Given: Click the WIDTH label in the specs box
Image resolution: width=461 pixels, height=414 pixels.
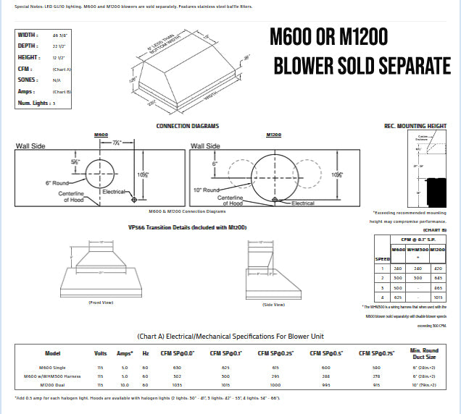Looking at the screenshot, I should (x=28, y=34).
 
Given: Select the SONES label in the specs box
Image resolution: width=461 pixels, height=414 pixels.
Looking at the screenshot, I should (x=28, y=80).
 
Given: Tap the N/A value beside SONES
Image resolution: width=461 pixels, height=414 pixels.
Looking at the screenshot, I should (x=57, y=80).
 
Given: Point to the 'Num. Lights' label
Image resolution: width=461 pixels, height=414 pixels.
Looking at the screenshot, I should (x=33, y=103).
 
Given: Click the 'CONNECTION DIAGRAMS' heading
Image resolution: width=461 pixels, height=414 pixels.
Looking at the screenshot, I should (x=188, y=126).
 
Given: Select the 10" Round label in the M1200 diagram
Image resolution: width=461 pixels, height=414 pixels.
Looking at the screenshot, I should (x=207, y=190).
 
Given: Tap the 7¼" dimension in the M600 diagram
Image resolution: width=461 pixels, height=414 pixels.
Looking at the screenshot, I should (x=118, y=143).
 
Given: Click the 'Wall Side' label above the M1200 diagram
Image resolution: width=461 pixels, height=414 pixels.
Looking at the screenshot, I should (x=205, y=145).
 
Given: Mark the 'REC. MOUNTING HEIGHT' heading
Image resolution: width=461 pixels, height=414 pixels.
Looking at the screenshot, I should (x=415, y=126).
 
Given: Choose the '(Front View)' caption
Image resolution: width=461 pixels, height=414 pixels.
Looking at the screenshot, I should (x=101, y=302).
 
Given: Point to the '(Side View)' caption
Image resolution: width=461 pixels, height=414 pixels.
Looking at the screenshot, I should (x=274, y=305).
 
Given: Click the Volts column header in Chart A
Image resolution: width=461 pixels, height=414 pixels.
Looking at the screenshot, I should (x=100, y=354).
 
